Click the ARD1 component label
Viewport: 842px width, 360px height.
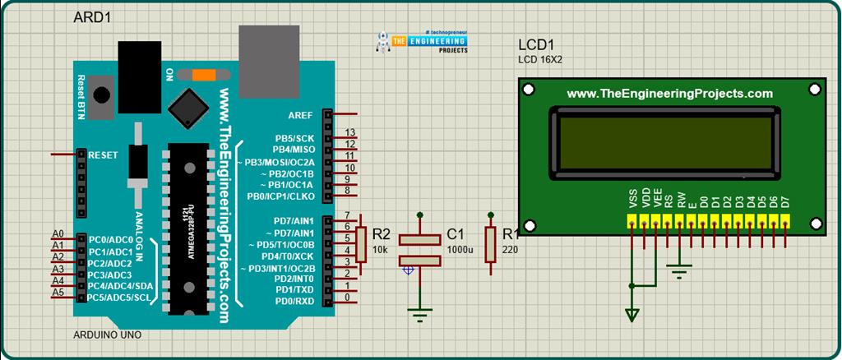tap(92, 17)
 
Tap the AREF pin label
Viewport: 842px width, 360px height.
tap(300, 114)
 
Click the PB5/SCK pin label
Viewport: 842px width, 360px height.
tap(294, 138)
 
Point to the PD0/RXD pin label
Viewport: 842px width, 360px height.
tap(294, 302)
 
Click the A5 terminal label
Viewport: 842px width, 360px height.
tap(58, 292)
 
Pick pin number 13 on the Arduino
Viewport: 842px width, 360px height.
tap(349, 132)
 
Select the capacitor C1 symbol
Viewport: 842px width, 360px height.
tap(420, 249)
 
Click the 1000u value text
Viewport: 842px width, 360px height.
tap(460, 249)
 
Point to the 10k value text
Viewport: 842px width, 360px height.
tap(381, 248)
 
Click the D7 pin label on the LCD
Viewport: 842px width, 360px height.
tap(785, 201)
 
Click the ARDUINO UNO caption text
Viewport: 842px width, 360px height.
tap(108, 335)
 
